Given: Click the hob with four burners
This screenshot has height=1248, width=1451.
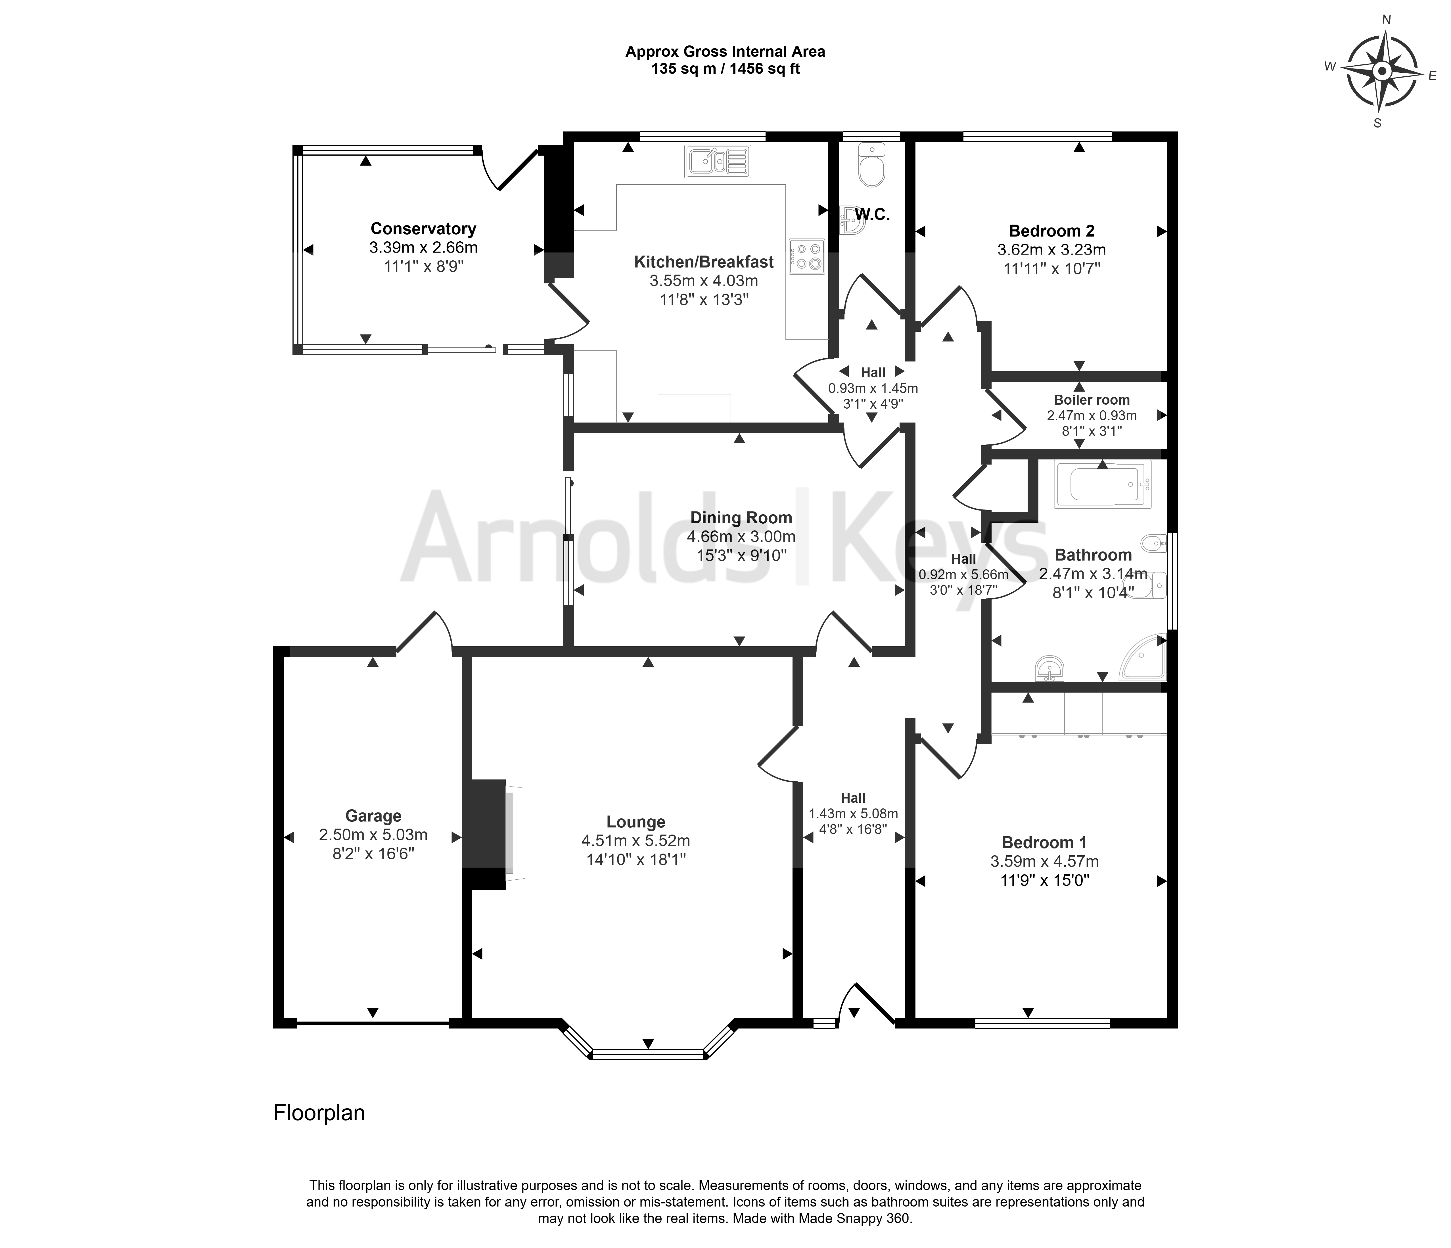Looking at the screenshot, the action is click(x=807, y=256).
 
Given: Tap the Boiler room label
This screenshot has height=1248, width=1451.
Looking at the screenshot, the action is click(x=1092, y=400).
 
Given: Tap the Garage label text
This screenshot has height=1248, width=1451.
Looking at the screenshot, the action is click(x=373, y=816).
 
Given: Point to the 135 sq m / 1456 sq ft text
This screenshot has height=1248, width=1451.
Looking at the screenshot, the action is click(x=726, y=69).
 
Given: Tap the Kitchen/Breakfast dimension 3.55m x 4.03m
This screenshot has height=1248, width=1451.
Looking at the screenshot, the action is click(x=704, y=281).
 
